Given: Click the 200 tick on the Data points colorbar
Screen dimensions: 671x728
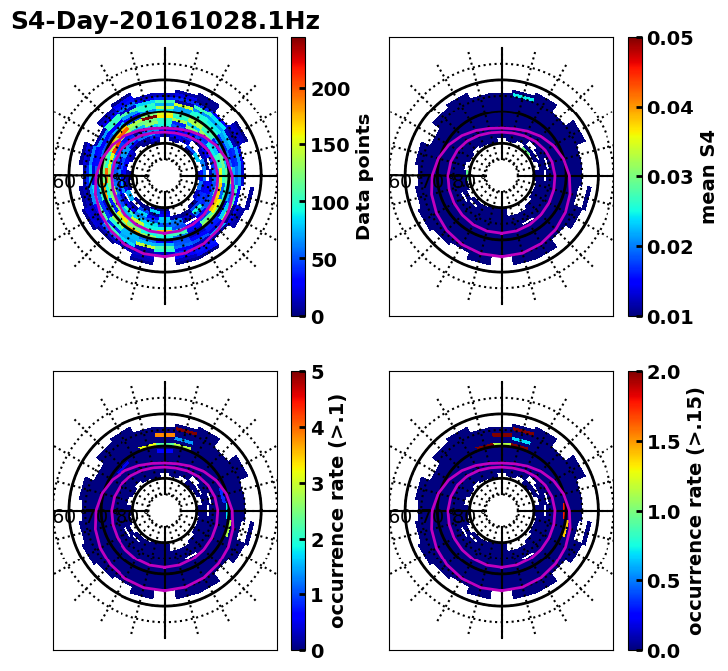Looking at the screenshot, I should pos(329,89).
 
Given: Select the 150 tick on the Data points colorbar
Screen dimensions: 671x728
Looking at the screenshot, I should pos(329,145).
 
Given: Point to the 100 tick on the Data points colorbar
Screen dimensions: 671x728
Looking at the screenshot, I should pos(329,203).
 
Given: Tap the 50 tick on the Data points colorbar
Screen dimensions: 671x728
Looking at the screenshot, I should pos(329,260).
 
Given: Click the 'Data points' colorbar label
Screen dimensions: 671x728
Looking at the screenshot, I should pos(364,177).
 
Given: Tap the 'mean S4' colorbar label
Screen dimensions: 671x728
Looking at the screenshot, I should pos(708,177).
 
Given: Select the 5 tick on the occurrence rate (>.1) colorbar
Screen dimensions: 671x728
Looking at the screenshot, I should pos(318,372).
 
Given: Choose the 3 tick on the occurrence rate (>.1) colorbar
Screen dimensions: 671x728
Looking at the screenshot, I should pos(318,484).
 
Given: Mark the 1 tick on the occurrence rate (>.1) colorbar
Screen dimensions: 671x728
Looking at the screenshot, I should pos(318,595).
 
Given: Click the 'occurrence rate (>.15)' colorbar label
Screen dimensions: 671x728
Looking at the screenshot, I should pos(695,512).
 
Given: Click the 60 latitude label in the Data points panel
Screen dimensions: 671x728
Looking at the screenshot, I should pos(63,182).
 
